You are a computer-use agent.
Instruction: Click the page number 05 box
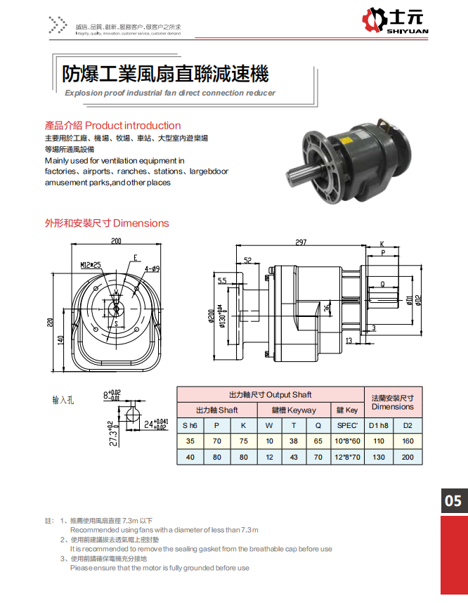pyautogui.click(x=453, y=500)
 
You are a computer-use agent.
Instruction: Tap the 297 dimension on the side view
pyautogui.click(x=301, y=242)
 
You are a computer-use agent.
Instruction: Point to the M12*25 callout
pyautogui.click(x=91, y=265)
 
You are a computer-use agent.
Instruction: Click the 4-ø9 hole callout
pyautogui.click(x=152, y=268)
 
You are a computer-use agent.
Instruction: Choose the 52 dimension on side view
pyautogui.click(x=248, y=260)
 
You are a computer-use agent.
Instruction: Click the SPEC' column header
pyautogui.click(x=348, y=425)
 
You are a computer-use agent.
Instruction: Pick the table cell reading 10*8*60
pyautogui.click(x=348, y=441)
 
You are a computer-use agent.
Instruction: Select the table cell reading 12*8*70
pyautogui.click(x=348, y=458)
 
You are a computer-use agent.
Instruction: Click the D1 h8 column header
pyautogui.click(x=378, y=425)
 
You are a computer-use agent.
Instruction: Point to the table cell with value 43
pyautogui.click(x=294, y=458)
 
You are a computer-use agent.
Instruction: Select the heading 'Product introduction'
pyautogui.click(x=133, y=126)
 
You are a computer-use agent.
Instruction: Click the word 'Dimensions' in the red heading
pyautogui.click(x=141, y=223)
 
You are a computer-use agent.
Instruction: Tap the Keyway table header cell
pyautogui.click(x=293, y=410)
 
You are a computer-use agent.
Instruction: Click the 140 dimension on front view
pyautogui.click(x=61, y=340)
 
